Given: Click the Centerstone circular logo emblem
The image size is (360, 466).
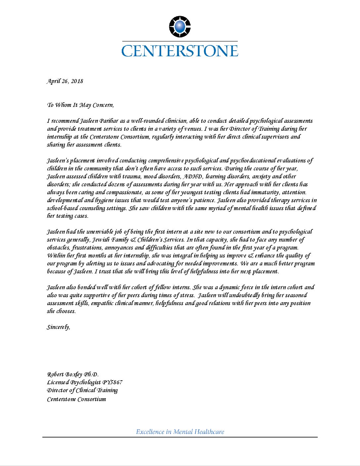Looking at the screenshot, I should (180, 26).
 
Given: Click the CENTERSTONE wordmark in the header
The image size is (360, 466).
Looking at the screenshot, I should (180, 51).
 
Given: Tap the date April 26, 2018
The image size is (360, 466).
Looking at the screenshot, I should (65, 81).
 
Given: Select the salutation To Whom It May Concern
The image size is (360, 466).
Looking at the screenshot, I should (80, 105).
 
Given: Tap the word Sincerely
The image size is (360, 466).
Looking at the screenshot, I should (59, 327).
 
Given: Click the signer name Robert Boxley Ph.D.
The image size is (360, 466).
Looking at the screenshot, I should (73, 375).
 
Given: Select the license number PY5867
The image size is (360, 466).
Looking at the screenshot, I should (112, 383).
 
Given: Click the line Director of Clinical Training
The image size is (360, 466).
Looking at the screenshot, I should (82, 391).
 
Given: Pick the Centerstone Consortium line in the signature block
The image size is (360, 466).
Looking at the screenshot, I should (76, 399).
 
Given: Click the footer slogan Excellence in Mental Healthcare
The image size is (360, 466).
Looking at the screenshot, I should (180, 432).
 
